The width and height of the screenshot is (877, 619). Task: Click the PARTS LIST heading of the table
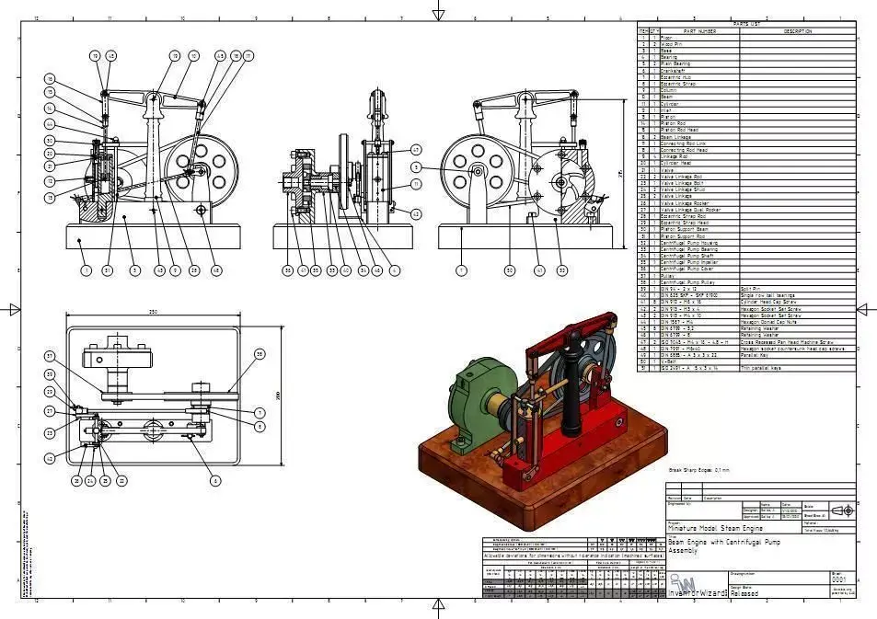click(745, 25)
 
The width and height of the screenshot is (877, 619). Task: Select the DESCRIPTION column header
click(797, 31)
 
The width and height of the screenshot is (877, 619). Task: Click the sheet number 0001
click(837, 580)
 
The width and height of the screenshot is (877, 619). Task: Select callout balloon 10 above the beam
click(194, 56)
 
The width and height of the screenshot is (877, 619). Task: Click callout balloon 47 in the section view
click(416, 149)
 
